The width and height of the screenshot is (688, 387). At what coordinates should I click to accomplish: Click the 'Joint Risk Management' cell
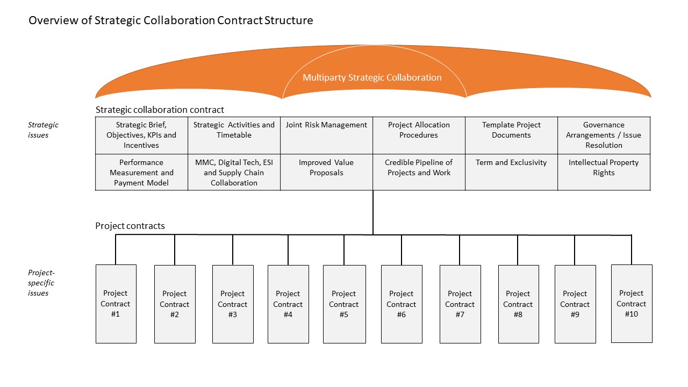point(326,135)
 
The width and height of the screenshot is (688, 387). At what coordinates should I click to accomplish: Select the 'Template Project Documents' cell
point(511,135)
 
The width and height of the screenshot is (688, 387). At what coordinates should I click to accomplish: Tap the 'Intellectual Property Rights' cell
point(604,173)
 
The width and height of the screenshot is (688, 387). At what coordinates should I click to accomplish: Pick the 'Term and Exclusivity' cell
point(511,173)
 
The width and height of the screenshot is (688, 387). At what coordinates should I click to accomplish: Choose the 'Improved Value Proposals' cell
point(326,173)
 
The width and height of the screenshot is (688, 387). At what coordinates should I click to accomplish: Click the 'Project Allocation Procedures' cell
point(419,135)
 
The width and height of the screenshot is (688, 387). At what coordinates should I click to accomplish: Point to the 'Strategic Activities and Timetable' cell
point(234,135)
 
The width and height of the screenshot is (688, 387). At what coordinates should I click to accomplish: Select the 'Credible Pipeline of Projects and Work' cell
point(419,173)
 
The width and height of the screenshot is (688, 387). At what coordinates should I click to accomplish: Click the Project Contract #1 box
point(116,304)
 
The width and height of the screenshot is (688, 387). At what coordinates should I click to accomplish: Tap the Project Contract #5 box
point(345,304)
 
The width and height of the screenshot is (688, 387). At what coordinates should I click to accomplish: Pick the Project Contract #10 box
point(632,304)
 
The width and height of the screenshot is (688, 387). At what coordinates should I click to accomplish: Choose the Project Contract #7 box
point(460,304)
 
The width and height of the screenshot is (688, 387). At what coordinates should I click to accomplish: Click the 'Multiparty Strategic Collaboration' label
point(372,77)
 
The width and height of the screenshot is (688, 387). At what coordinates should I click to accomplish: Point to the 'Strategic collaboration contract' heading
point(160,110)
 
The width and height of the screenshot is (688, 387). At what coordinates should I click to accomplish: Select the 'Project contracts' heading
point(130,226)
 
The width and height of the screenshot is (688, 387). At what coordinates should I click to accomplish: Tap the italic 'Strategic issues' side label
point(43,130)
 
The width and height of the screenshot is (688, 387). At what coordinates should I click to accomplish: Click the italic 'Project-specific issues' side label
point(41,283)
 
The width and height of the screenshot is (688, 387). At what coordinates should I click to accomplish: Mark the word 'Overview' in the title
point(53,20)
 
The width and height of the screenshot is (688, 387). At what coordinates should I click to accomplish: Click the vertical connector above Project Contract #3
point(233,250)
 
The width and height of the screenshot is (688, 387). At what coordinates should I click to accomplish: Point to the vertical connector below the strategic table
point(373,212)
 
